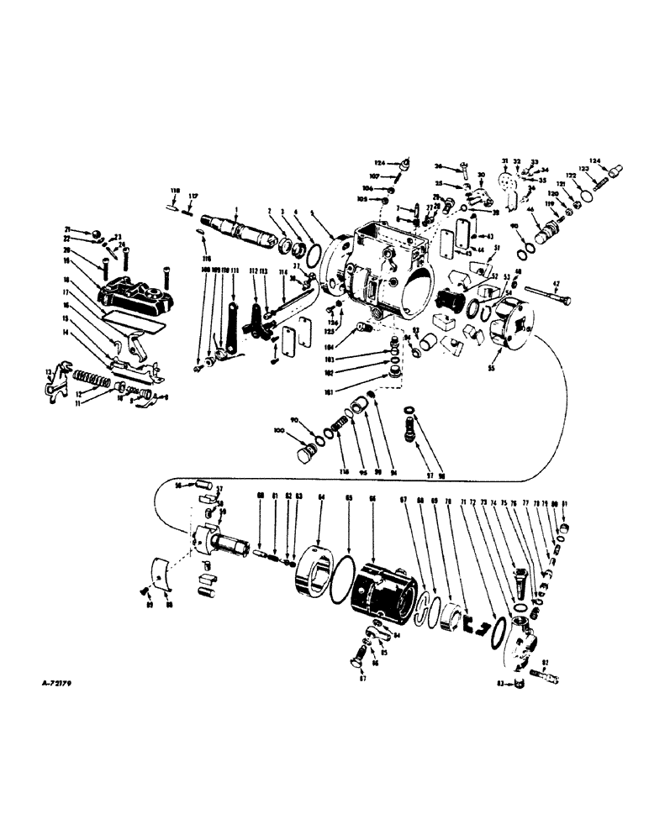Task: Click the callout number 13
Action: click(x=47, y=370)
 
